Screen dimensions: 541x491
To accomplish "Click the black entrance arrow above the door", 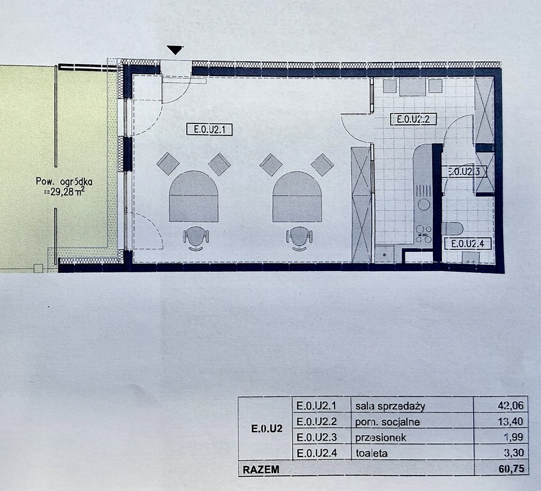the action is [x=175, y=50].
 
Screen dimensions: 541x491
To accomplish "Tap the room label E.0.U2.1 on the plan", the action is [x=209, y=130].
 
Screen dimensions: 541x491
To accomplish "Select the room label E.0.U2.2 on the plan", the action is [x=413, y=119].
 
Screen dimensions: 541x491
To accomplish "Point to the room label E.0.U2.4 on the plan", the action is [x=467, y=244].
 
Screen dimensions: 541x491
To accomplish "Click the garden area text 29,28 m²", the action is [x=67, y=192].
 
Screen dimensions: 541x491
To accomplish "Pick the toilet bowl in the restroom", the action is [x=452, y=229].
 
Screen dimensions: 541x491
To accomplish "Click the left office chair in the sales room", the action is [x=196, y=238].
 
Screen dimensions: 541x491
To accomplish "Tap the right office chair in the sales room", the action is [x=299, y=238].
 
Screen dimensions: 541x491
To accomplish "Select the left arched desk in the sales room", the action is [x=193, y=196].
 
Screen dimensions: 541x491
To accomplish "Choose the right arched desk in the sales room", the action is [x=297, y=197].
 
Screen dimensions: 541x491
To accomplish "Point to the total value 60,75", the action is [x=514, y=469].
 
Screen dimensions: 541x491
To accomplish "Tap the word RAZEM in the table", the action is [x=261, y=470].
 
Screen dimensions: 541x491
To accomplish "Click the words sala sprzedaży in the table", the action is [x=390, y=407].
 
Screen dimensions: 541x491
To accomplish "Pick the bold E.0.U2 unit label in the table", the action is [x=267, y=429].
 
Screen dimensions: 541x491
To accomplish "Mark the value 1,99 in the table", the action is [x=514, y=437].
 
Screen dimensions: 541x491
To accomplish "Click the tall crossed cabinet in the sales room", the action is [x=361, y=204].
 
